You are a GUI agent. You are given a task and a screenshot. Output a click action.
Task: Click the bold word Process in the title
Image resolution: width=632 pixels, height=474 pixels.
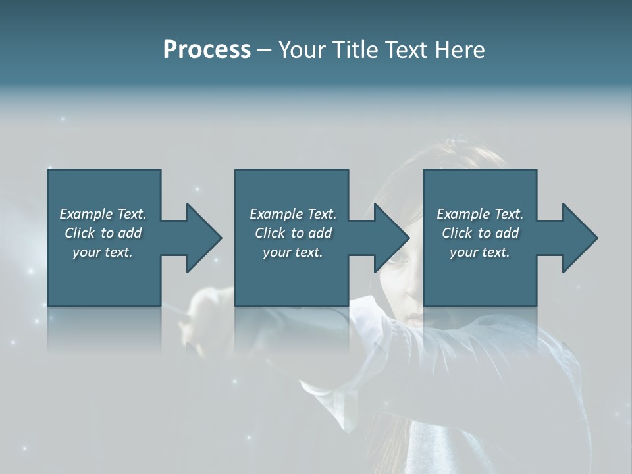[207, 50]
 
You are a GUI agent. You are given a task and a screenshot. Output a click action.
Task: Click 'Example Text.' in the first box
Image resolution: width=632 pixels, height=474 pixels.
[103, 214]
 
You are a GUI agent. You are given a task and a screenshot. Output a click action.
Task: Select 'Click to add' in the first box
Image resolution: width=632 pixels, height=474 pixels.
[103, 233]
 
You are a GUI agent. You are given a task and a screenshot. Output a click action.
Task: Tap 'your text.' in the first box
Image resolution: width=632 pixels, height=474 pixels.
[103, 252]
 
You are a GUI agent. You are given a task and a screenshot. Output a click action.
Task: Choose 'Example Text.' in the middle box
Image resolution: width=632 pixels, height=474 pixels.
[293, 214]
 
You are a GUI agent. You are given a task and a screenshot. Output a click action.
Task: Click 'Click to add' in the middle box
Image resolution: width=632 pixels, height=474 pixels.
[293, 233]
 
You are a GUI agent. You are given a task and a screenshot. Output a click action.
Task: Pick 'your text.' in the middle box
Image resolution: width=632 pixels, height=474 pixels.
[293, 252]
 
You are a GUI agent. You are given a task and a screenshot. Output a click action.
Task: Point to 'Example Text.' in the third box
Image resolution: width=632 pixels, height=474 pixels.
[480, 214]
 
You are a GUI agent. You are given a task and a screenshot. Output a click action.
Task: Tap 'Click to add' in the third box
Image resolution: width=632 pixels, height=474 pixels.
[480, 233]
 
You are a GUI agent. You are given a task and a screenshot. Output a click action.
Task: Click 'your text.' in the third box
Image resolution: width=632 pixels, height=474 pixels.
[480, 252]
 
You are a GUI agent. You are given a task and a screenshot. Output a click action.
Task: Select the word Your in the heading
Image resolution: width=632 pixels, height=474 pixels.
[300, 50]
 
